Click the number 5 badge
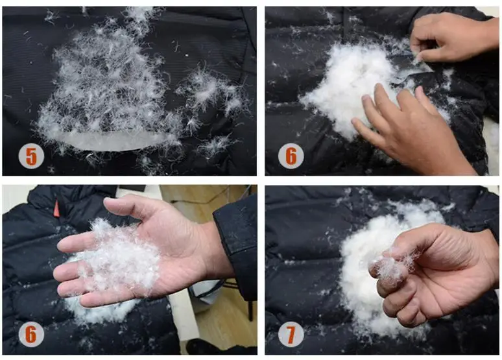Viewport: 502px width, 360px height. [x=31, y=156]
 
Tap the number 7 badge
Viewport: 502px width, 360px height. [x=291, y=334]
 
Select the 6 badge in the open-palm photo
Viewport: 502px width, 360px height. [x=31, y=334]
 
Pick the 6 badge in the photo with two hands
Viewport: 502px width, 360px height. [x=291, y=156]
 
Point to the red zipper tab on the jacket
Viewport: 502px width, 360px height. [x=56, y=208]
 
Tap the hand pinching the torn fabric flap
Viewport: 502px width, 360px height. [x=451, y=37]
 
